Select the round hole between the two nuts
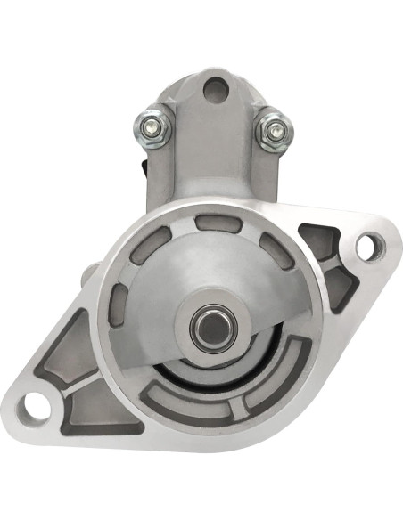[x=213, y=88]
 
